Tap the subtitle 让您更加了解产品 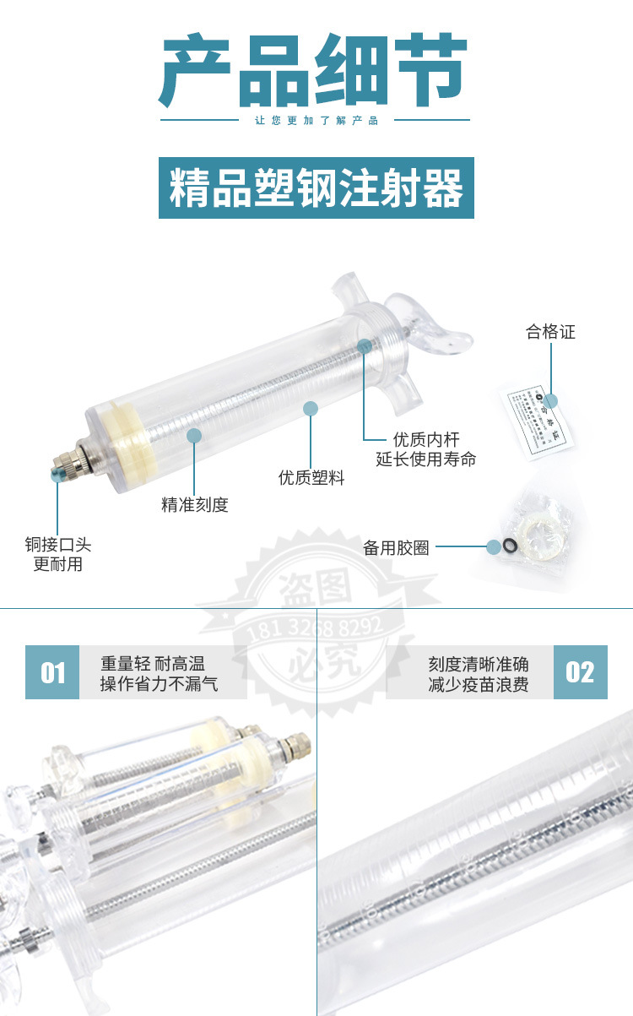tap(316, 120)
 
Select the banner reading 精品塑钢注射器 tap(316, 187)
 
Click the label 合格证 tap(550, 332)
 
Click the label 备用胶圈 tap(396, 548)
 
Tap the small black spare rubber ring tap(510, 546)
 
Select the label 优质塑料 tap(311, 478)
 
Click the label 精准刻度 tap(195, 505)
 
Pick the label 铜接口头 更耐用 tap(57, 555)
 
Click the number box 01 tap(52, 672)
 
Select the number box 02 tap(580, 672)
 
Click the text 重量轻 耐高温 tap(153, 663)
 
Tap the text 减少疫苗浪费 tap(478, 684)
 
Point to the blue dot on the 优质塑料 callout tap(311, 409)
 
